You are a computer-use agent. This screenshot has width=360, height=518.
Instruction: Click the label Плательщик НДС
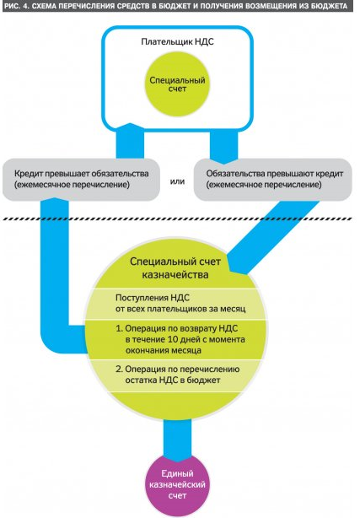click(x=177, y=42)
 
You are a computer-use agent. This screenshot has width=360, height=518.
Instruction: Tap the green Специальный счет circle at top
click(x=177, y=84)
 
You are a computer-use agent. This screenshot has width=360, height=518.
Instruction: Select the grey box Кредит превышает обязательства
click(x=81, y=180)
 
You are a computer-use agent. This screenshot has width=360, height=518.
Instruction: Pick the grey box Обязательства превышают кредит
click(x=273, y=180)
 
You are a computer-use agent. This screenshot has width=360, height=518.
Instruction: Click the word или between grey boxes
click(x=177, y=181)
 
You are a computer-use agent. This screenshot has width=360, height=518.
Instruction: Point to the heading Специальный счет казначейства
click(x=175, y=268)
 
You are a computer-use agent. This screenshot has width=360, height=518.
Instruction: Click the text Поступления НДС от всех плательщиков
click(x=180, y=303)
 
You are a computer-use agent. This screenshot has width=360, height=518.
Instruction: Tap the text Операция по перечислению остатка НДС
click(x=178, y=375)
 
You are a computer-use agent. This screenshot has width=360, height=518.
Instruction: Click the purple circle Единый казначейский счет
click(x=177, y=484)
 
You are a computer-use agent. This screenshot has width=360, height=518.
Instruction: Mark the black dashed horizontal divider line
click(x=178, y=219)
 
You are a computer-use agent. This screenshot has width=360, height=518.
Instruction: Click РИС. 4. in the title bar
click(x=16, y=6)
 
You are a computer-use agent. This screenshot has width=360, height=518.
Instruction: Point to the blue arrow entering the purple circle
click(x=177, y=440)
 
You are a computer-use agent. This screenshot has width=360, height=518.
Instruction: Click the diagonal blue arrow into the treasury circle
click(x=271, y=237)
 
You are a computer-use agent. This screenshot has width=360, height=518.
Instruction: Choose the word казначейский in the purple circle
click(x=177, y=484)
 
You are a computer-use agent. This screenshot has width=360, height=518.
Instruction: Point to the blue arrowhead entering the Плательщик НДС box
click(x=130, y=128)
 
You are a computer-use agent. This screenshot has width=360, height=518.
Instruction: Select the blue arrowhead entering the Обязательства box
click(x=224, y=161)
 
